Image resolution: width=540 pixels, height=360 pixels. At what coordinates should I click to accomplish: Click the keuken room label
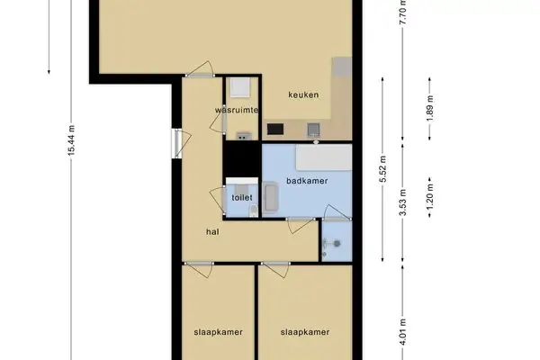tap(303, 94)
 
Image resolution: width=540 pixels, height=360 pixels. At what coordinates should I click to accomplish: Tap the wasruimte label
tap(238, 110)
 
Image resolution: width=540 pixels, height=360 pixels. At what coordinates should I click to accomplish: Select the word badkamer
tap(306, 181)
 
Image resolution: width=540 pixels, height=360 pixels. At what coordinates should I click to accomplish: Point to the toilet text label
tap(240, 197)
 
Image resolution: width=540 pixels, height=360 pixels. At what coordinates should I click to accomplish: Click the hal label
tap(212, 231)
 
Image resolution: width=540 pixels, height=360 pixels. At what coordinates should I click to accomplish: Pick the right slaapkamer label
tap(303, 331)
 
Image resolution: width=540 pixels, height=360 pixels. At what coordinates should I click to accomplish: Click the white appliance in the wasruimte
tap(239, 87)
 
